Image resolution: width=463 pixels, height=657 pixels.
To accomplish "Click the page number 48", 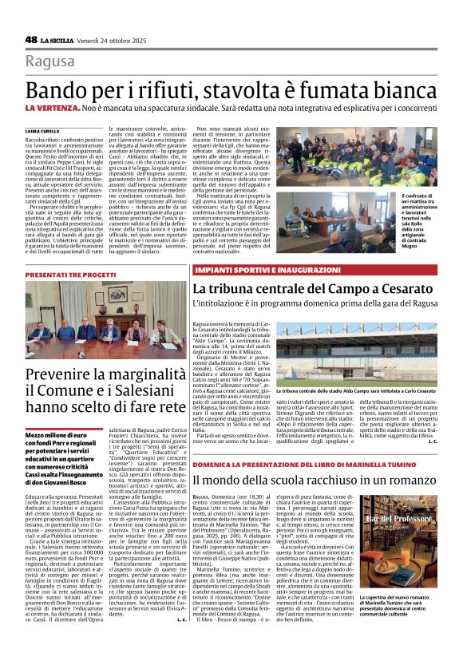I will (31, 39).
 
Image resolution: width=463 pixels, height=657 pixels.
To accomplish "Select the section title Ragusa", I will (49, 62).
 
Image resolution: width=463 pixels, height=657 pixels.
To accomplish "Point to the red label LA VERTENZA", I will (52, 107).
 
